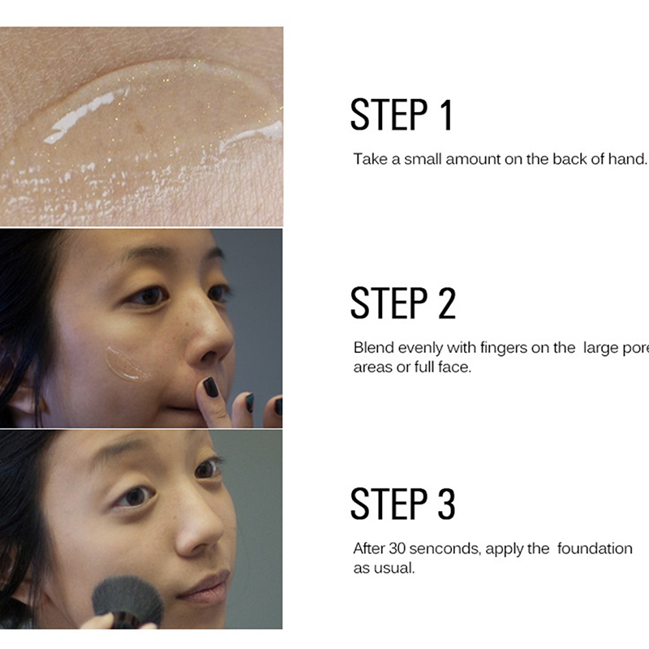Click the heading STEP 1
(402, 114)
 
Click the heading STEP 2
(403, 303)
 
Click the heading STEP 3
(402, 504)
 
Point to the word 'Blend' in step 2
(374, 348)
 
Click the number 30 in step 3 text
(397, 548)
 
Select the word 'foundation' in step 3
(595, 548)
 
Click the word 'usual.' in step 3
(393, 568)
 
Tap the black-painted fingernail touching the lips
(211, 387)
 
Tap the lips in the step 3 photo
(204, 586)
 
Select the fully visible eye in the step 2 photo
(147, 295)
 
